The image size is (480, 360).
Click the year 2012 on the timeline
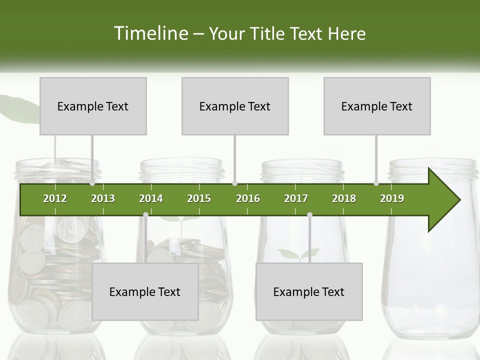(x=55, y=198)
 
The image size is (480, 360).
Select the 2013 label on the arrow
(x=103, y=198)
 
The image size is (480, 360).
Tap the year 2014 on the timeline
(x=151, y=198)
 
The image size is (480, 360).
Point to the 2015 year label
(x=199, y=198)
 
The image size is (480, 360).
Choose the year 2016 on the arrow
(x=248, y=198)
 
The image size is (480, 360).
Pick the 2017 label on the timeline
(x=296, y=198)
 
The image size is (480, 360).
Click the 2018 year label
(x=344, y=198)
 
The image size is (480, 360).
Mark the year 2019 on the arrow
(x=392, y=198)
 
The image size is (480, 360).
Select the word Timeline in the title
(x=150, y=33)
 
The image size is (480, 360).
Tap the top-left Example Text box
(x=93, y=106)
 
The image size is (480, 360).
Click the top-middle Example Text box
(x=235, y=106)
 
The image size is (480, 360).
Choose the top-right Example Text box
(x=377, y=106)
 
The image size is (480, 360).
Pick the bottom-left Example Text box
(x=145, y=291)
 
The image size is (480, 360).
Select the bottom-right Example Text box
(x=309, y=291)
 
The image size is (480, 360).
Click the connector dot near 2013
(x=92, y=183)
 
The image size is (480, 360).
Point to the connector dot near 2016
(x=235, y=183)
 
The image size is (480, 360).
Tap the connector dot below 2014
(x=145, y=214)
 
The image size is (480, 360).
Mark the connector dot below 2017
(x=309, y=214)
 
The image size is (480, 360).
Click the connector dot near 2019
(x=376, y=183)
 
